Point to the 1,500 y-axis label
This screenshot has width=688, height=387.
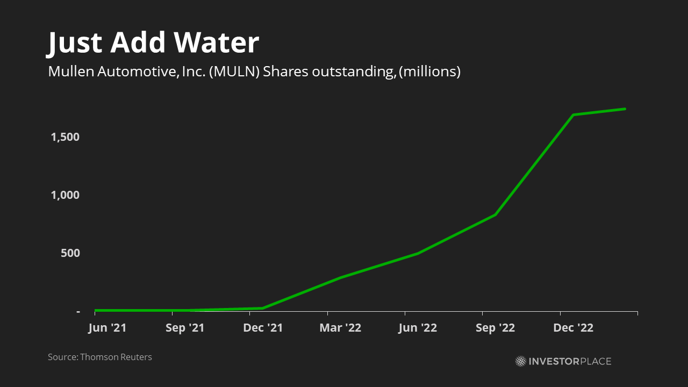65,137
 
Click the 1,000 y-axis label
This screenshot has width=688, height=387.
65,195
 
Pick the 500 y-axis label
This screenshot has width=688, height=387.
70,253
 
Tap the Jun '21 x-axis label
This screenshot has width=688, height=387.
107,328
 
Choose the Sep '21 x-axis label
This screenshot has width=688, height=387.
185,328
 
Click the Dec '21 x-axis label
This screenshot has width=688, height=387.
263,328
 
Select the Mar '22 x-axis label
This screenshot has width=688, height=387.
340,328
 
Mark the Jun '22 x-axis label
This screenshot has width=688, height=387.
418,328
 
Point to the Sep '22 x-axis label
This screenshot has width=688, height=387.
495,328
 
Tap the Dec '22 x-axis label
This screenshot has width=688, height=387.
573,328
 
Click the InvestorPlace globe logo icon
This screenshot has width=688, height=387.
520,361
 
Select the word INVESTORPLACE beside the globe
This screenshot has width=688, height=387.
570,361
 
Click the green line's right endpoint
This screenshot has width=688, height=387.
625,109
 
